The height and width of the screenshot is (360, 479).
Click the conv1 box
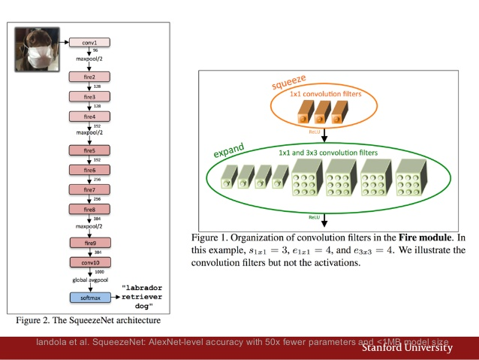[89, 41]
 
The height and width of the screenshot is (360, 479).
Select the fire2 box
[89, 77]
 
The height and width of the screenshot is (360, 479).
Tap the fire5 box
[89, 150]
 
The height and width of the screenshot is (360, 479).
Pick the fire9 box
[89, 243]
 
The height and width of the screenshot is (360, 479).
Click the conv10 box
[89, 262]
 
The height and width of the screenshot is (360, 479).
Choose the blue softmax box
[89, 298]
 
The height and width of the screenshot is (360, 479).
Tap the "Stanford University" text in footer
[407, 347]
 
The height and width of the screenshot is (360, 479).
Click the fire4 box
[89, 116]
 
